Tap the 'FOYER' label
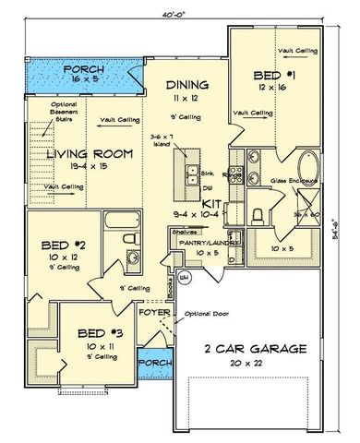point(154,312)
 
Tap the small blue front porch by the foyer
point(154,364)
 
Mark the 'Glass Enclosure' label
point(293,181)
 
